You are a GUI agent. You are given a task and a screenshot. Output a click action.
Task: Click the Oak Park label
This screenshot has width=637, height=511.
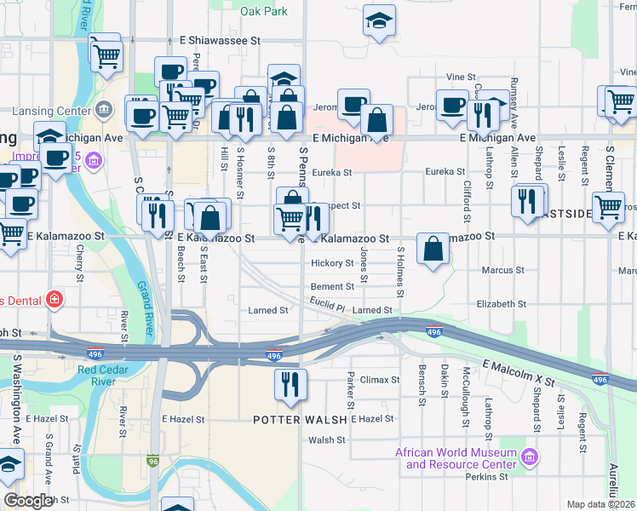click(x=263, y=12)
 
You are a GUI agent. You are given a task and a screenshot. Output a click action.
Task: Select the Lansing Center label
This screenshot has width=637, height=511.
click(x=50, y=111)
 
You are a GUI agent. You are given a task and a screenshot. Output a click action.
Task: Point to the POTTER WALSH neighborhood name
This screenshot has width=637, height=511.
click(x=301, y=420)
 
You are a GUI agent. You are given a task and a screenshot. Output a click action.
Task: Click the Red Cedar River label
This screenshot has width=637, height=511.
click(x=108, y=375)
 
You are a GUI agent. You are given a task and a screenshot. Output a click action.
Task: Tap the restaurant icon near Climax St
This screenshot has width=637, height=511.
click(x=290, y=384)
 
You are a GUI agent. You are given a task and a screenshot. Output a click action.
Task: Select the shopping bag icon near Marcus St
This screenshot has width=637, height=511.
click(x=433, y=250)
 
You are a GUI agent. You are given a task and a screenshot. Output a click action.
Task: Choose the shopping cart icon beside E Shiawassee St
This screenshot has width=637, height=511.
click(x=106, y=55)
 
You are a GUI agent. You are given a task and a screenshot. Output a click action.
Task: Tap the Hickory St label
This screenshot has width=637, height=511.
click(x=332, y=263)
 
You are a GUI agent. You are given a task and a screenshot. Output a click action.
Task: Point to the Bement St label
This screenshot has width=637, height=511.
click(x=332, y=287)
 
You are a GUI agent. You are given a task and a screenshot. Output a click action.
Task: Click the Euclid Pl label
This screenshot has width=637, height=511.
click(x=327, y=307)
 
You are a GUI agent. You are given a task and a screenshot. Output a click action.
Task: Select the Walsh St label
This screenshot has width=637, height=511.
click(x=327, y=440)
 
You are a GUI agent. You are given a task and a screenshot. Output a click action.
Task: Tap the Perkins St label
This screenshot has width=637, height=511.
click(x=486, y=477)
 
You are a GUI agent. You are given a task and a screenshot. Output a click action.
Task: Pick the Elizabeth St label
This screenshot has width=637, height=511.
click(x=502, y=304)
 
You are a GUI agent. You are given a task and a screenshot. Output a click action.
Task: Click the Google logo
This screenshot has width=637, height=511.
click(x=27, y=501)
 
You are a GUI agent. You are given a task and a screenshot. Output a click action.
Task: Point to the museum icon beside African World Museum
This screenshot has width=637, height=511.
click(x=530, y=458)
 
